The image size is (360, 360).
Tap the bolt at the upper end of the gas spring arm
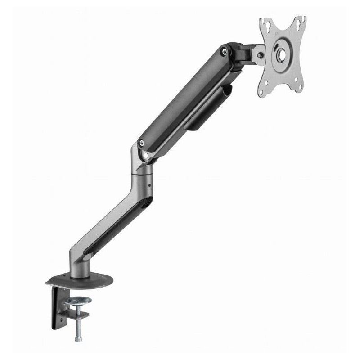click(223, 51)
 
